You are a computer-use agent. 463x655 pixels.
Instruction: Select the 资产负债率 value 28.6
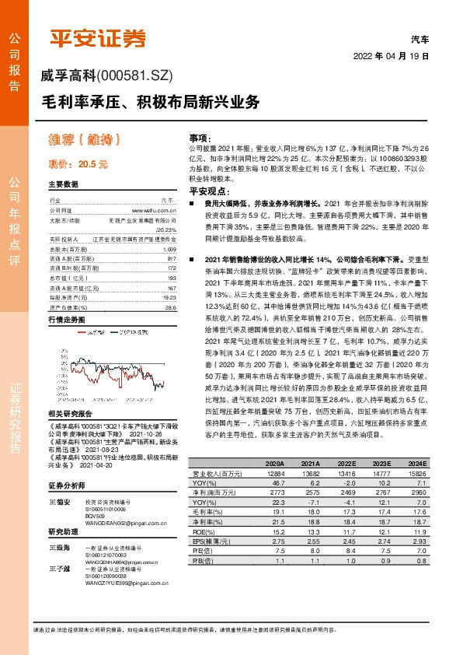(171, 285)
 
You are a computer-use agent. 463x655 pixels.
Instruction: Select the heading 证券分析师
(64, 485)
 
